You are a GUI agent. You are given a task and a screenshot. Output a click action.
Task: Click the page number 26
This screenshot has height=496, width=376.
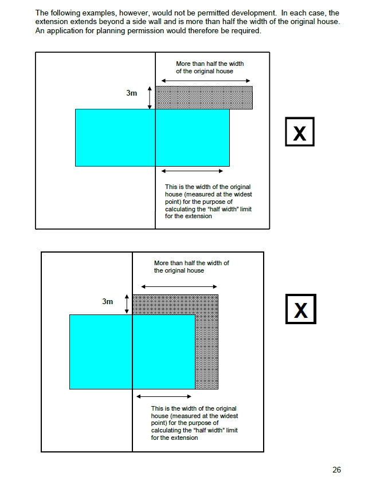click(336, 470)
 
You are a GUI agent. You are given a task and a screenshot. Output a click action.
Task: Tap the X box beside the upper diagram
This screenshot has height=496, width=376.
click(300, 132)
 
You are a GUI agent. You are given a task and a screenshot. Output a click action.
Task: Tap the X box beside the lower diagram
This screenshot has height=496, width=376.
click(301, 309)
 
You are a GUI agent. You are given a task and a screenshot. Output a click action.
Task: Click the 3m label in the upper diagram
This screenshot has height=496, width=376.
click(132, 93)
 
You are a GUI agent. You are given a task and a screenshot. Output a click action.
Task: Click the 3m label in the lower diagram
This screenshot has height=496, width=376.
click(108, 301)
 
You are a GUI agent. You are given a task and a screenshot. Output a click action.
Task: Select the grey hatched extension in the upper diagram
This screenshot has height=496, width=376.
click(204, 98)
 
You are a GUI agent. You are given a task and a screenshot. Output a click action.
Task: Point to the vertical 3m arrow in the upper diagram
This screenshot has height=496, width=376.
click(150, 98)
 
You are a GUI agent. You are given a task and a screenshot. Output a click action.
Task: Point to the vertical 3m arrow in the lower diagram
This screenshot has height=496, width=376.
click(127, 304)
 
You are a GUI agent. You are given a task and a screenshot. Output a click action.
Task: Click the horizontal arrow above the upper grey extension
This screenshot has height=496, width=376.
click(206, 81)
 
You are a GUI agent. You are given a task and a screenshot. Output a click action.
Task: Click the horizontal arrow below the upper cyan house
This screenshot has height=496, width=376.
click(192, 171)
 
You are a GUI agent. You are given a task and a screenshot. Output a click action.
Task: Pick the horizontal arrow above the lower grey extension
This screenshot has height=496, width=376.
click(179, 286)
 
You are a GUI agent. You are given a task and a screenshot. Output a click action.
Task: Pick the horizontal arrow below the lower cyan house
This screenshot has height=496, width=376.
click(164, 396)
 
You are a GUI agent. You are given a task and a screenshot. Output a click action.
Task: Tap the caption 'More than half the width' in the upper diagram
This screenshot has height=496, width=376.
click(210, 64)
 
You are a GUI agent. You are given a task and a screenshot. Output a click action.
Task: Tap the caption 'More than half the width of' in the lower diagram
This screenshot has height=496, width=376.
click(191, 263)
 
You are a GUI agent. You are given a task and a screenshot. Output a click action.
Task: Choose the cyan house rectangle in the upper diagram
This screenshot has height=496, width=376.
click(152, 137)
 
